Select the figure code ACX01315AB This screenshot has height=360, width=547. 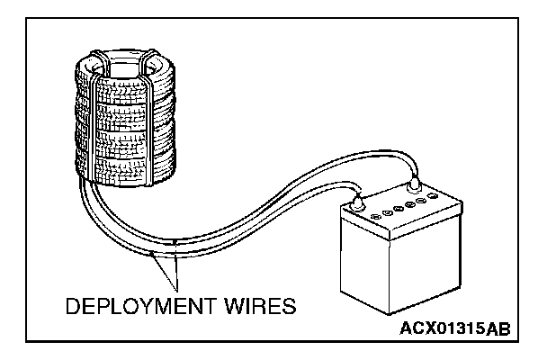click(x=454, y=329)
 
